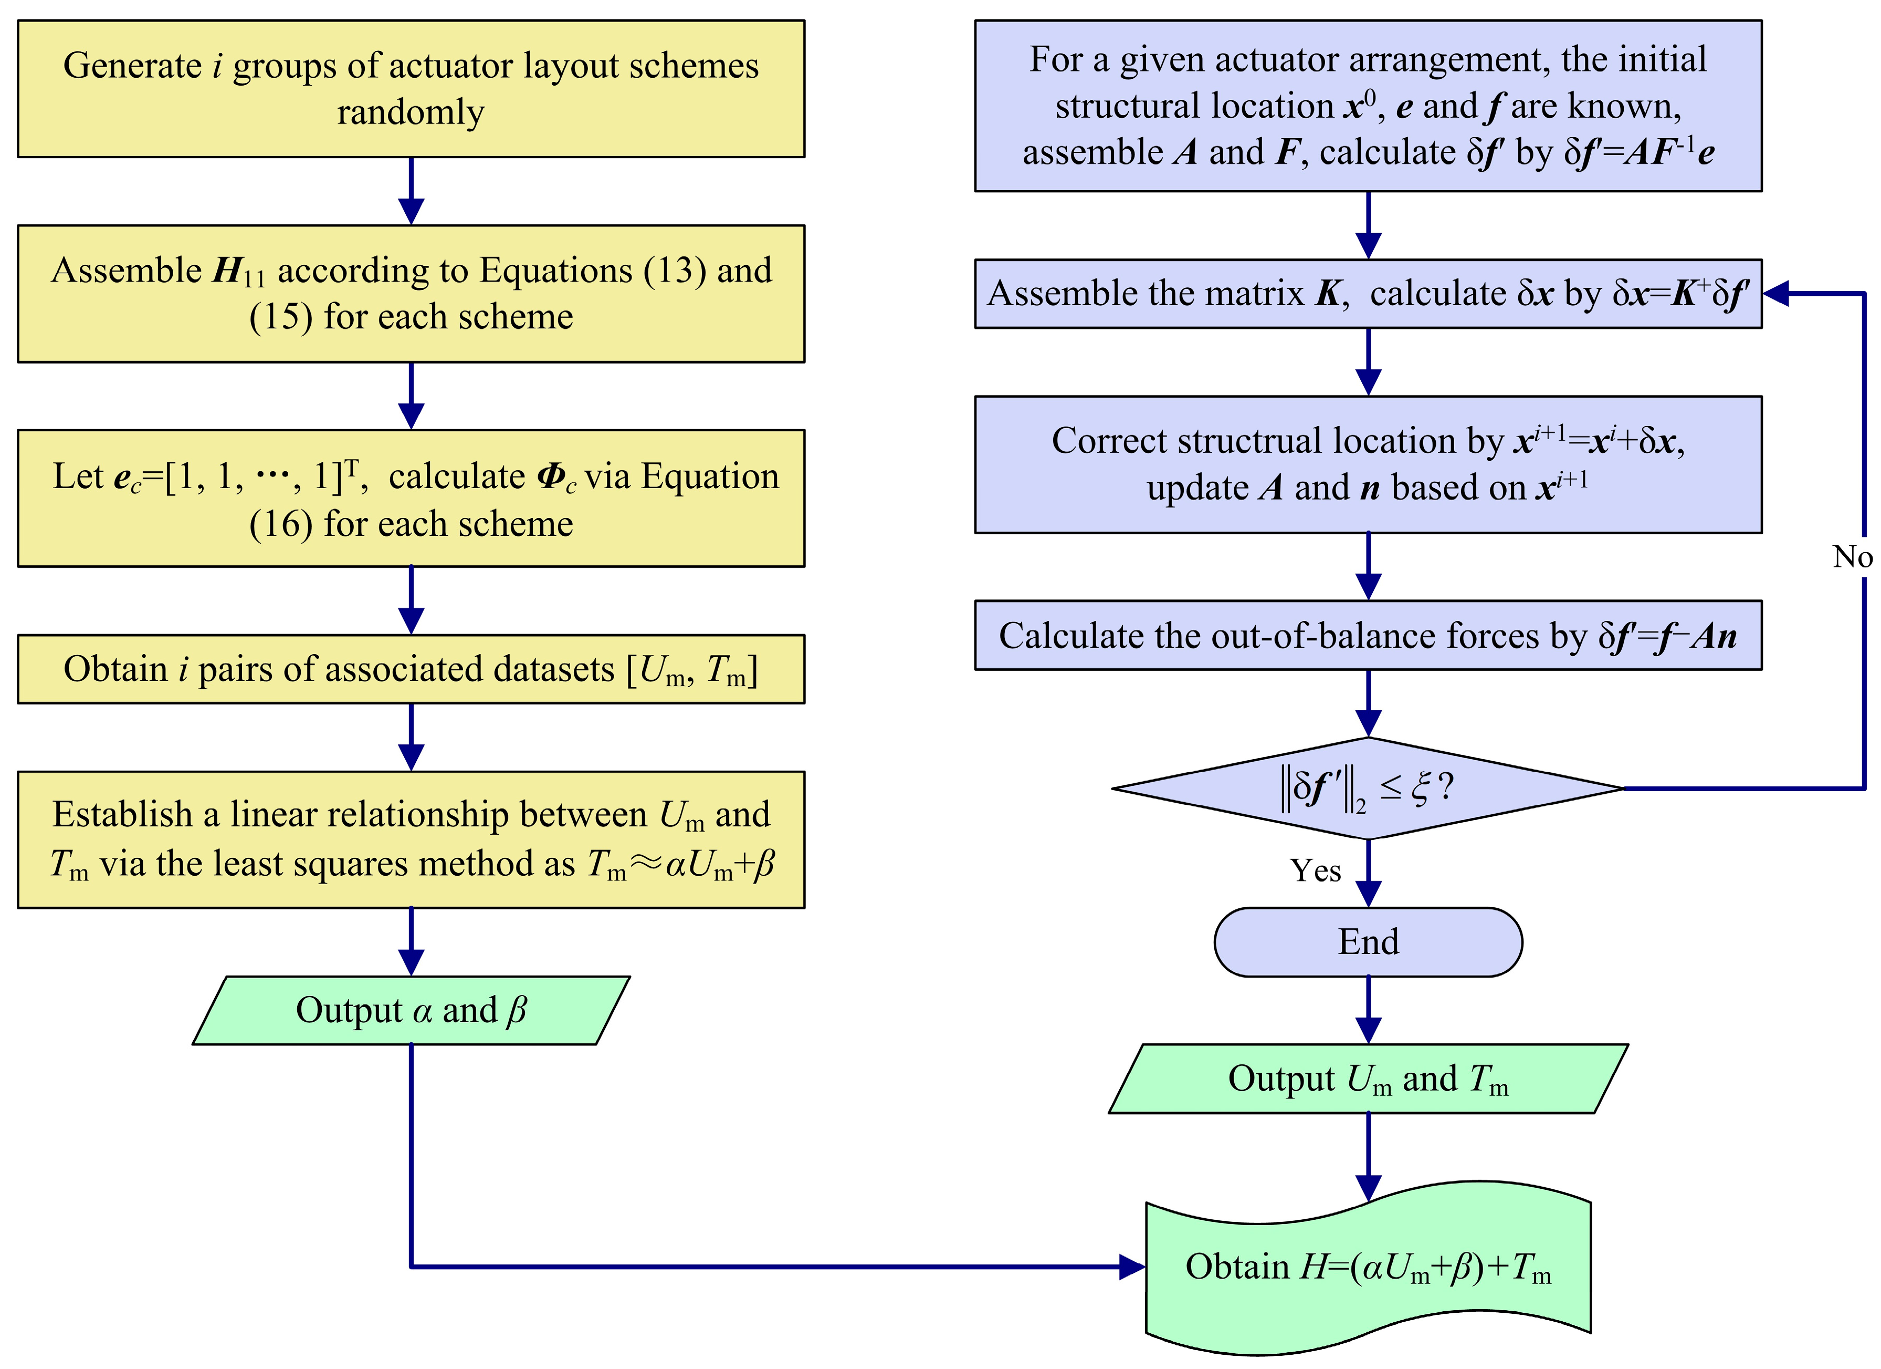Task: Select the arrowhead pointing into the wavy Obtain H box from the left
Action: click(x=1131, y=1267)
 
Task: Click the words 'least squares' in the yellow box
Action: click(x=322, y=864)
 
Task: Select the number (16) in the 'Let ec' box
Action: click(x=282, y=524)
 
